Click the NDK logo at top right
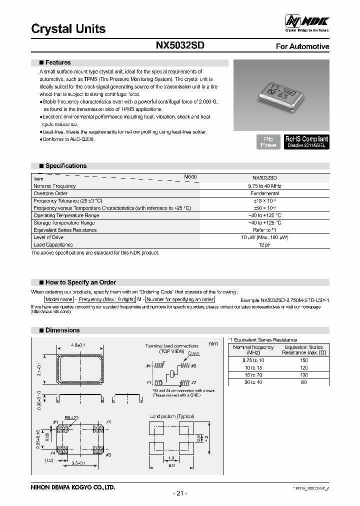(x=307, y=21)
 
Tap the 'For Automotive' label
(x=302, y=46)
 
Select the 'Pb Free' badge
(x=268, y=141)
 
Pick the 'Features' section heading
(x=57, y=62)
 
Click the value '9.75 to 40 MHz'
(x=264, y=186)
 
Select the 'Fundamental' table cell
(x=264, y=193)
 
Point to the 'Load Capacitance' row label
(x=53, y=244)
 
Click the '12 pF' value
(x=264, y=244)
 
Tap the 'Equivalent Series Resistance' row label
(x=65, y=230)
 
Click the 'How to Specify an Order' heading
(x=80, y=282)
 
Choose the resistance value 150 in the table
(x=303, y=360)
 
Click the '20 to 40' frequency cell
(x=253, y=382)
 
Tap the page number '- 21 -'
(x=179, y=493)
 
